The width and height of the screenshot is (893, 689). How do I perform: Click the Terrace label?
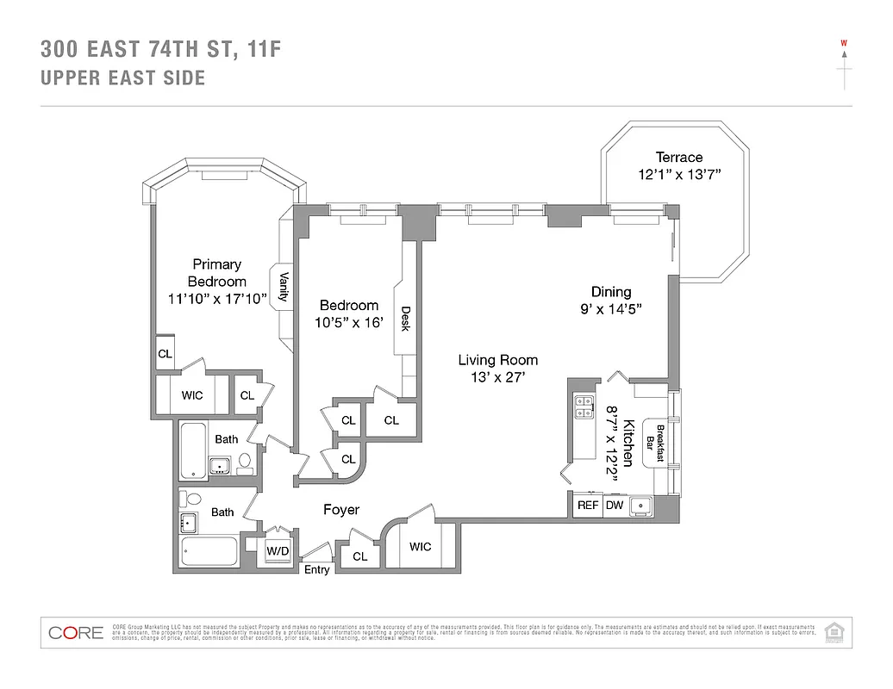(x=678, y=157)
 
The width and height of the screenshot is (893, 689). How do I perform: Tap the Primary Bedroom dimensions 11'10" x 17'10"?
(x=217, y=298)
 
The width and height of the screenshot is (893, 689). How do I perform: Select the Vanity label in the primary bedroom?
(x=283, y=286)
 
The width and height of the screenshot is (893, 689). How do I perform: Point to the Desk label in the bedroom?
(x=405, y=321)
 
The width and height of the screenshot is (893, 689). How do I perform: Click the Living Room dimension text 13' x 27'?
(x=497, y=377)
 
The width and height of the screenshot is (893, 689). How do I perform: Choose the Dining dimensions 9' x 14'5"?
(x=610, y=308)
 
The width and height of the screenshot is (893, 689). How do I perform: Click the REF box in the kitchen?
(x=588, y=506)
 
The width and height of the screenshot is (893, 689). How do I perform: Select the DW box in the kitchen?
(x=615, y=506)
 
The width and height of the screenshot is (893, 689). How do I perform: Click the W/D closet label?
(x=277, y=550)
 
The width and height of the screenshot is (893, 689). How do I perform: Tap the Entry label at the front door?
(x=316, y=569)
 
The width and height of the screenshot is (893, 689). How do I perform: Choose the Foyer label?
(x=340, y=510)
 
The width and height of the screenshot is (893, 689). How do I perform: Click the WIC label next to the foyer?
(x=420, y=547)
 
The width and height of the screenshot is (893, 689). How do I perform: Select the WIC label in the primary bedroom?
(x=191, y=395)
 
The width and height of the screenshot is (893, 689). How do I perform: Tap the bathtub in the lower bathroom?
(x=210, y=550)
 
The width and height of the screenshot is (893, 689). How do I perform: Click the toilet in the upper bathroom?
(x=244, y=463)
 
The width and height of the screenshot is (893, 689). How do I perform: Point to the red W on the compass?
(x=845, y=43)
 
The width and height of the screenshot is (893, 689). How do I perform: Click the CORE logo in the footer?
(x=76, y=633)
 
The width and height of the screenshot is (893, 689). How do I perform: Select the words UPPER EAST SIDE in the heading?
(x=123, y=78)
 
